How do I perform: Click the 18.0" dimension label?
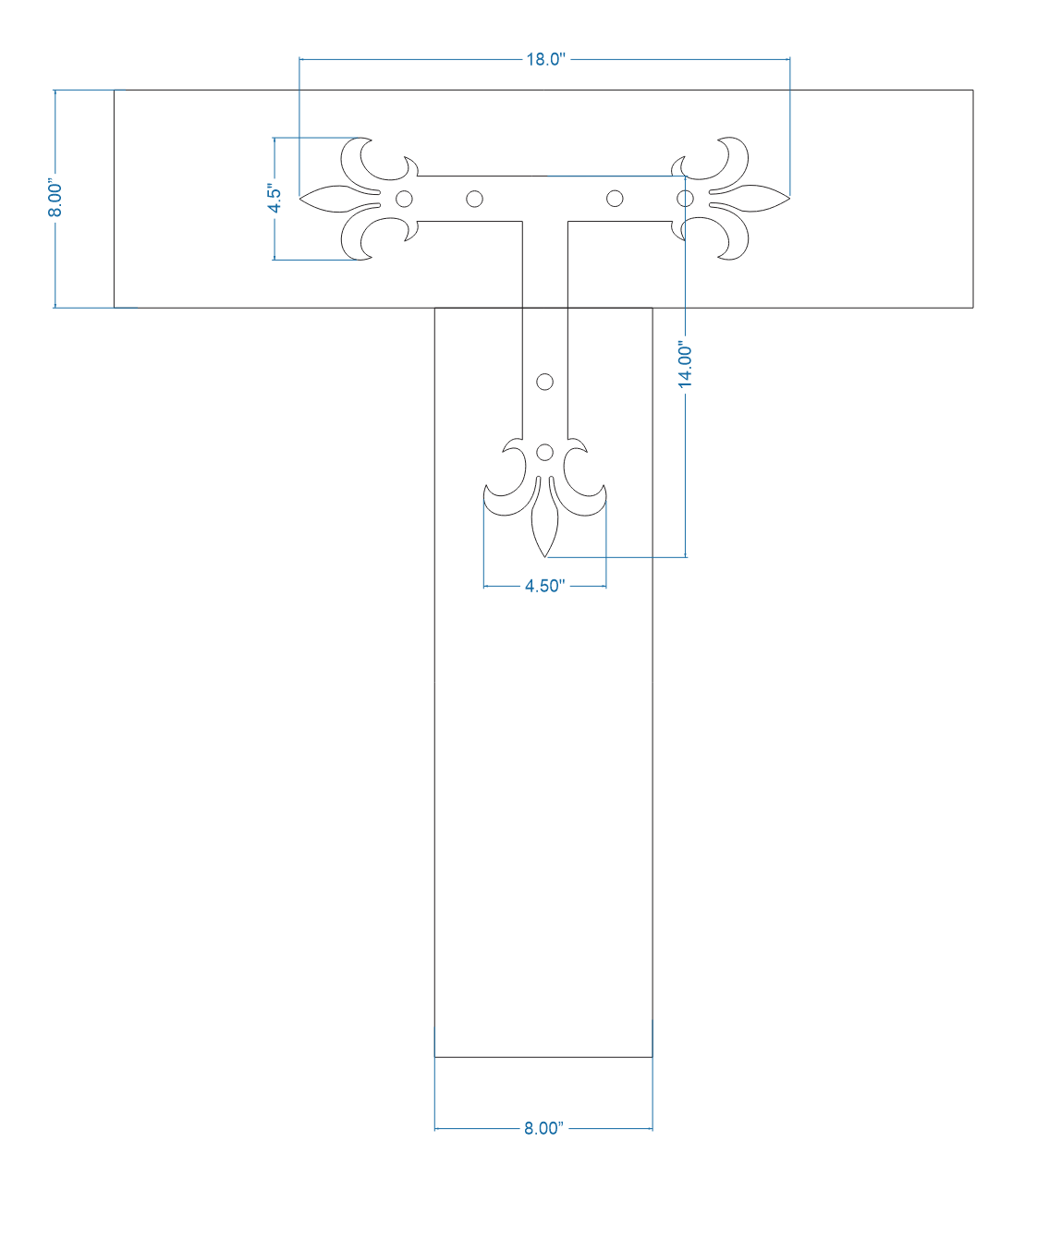544,60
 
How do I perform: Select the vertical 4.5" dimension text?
274,199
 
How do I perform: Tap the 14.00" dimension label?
686,364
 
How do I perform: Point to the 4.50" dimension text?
544,586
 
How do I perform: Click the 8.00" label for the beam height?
55,199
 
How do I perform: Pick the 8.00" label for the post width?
543,1128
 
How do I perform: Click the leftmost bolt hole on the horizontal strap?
404,199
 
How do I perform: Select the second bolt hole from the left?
474,199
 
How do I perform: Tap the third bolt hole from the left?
615,199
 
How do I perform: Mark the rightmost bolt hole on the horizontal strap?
685,199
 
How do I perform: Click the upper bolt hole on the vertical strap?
544,382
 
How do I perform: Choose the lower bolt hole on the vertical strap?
544,452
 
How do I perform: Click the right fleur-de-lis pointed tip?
788,199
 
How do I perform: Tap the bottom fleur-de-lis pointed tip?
545,555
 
